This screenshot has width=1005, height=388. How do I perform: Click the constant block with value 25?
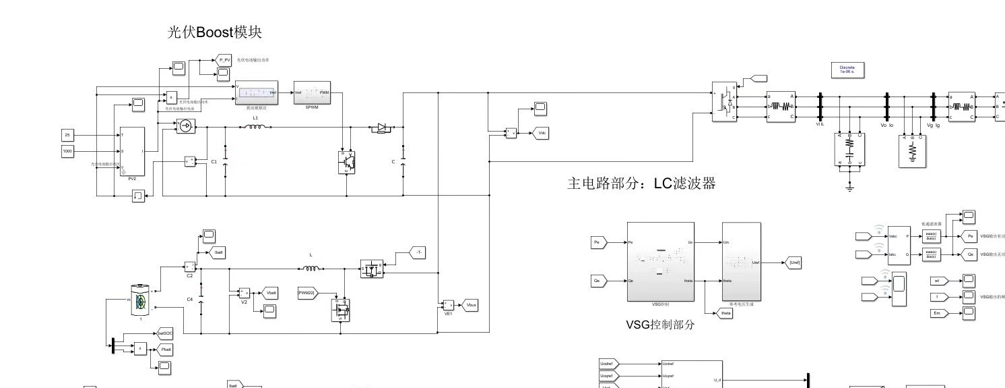(67, 135)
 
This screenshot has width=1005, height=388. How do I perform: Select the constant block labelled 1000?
(67, 151)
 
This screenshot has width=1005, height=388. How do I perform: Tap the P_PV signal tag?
(224, 60)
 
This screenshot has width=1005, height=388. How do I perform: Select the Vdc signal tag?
(541, 133)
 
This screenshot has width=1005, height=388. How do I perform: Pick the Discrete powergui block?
(847, 70)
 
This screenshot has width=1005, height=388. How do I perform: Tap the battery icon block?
(141, 300)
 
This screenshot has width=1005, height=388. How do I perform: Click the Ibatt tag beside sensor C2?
(218, 252)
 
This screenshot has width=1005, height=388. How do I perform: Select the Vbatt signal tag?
(269, 293)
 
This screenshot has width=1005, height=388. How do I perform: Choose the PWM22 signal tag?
(308, 293)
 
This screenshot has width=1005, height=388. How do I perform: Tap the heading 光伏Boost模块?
(214, 32)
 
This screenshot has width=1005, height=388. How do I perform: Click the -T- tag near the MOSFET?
(418, 252)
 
